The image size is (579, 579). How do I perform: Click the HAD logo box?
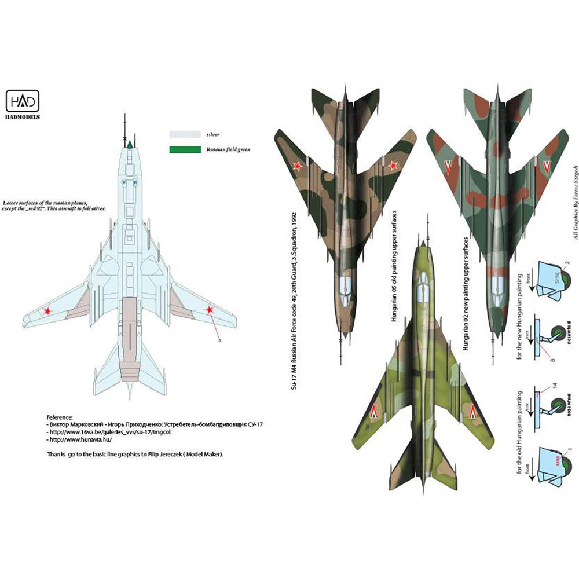23,102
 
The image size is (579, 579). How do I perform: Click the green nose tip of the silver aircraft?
131,142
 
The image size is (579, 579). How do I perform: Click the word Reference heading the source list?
60,417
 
